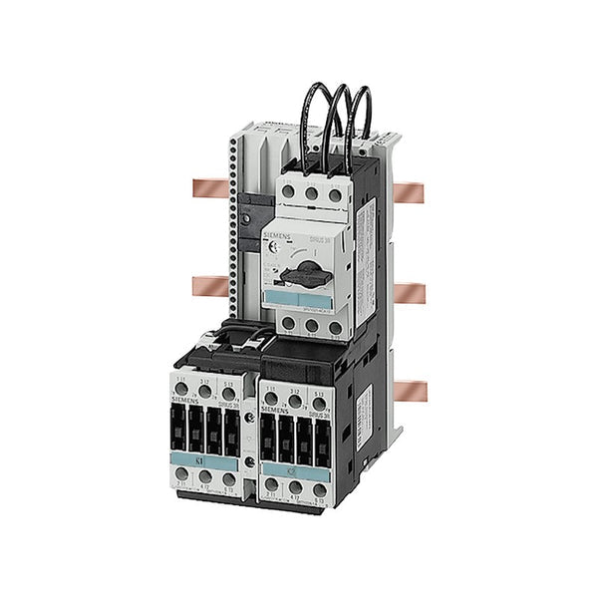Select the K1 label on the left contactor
[203, 462]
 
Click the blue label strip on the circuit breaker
[298, 300]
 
